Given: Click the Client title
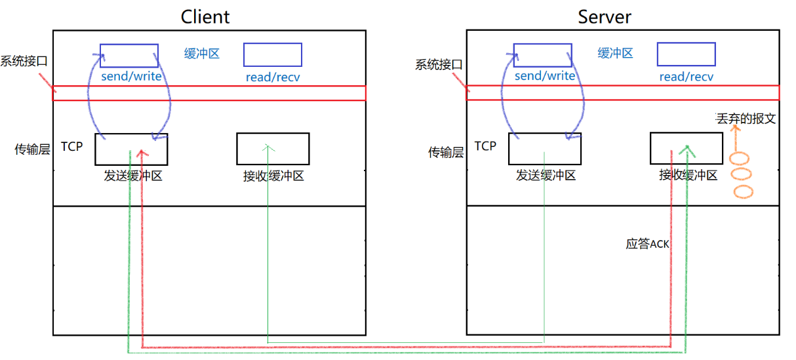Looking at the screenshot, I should click(205, 16).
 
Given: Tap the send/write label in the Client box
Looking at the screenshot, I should click(131, 77).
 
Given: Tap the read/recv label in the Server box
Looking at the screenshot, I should click(686, 77).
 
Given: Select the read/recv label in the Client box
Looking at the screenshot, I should click(273, 77).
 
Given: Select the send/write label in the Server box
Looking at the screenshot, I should click(545, 76).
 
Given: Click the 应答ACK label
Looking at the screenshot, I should click(647, 244).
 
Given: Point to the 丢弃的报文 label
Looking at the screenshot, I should click(746, 119).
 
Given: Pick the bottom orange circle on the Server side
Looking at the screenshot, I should click(744, 192).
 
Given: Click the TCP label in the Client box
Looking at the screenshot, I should click(72, 146).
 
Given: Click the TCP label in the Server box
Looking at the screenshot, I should click(485, 146).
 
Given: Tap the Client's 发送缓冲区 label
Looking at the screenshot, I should click(132, 176).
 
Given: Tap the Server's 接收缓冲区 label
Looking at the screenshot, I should click(688, 176).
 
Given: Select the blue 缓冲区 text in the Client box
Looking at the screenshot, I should click(202, 54).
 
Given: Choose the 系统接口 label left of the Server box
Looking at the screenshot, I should click(439, 65).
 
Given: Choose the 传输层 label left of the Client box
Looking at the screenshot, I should click(32, 150).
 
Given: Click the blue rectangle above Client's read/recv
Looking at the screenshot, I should click(273, 55).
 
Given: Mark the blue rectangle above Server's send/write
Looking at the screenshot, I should click(542, 55).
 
